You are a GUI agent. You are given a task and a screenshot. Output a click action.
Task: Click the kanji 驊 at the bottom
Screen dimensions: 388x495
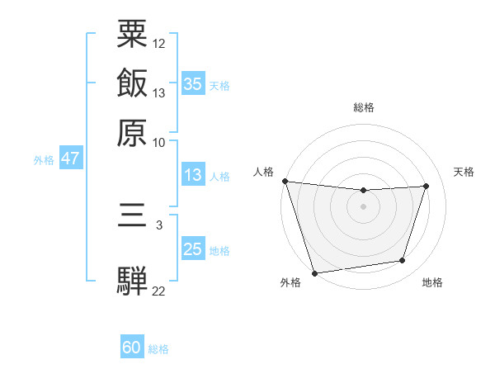(x=133, y=281)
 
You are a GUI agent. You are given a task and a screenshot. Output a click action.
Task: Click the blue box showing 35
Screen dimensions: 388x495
(x=193, y=83)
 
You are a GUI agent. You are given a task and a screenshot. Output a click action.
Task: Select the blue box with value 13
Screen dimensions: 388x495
(x=193, y=175)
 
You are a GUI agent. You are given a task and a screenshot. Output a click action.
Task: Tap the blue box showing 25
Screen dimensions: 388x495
(x=193, y=249)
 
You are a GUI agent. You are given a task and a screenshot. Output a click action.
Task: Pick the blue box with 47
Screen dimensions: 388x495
(x=70, y=159)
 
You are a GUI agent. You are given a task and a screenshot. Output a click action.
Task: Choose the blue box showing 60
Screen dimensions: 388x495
(x=132, y=348)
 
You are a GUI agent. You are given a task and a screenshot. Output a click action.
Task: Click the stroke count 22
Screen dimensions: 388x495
(x=159, y=291)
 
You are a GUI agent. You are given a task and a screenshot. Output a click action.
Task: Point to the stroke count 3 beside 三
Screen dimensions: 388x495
(x=159, y=225)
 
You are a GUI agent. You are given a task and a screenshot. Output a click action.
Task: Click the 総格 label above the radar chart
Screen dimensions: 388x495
(x=364, y=107)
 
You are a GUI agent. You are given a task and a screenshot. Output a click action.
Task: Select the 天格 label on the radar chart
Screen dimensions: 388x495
(x=464, y=172)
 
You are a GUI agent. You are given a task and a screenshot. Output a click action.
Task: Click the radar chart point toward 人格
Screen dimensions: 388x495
(x=285, y=181)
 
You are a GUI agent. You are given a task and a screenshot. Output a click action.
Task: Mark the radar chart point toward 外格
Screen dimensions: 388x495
(x=314, y=272)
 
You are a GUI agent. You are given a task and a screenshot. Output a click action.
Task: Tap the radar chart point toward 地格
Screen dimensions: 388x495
(x=403, y=261)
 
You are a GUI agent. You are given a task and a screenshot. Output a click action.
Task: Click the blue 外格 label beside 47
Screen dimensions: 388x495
(x=43, y=160)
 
